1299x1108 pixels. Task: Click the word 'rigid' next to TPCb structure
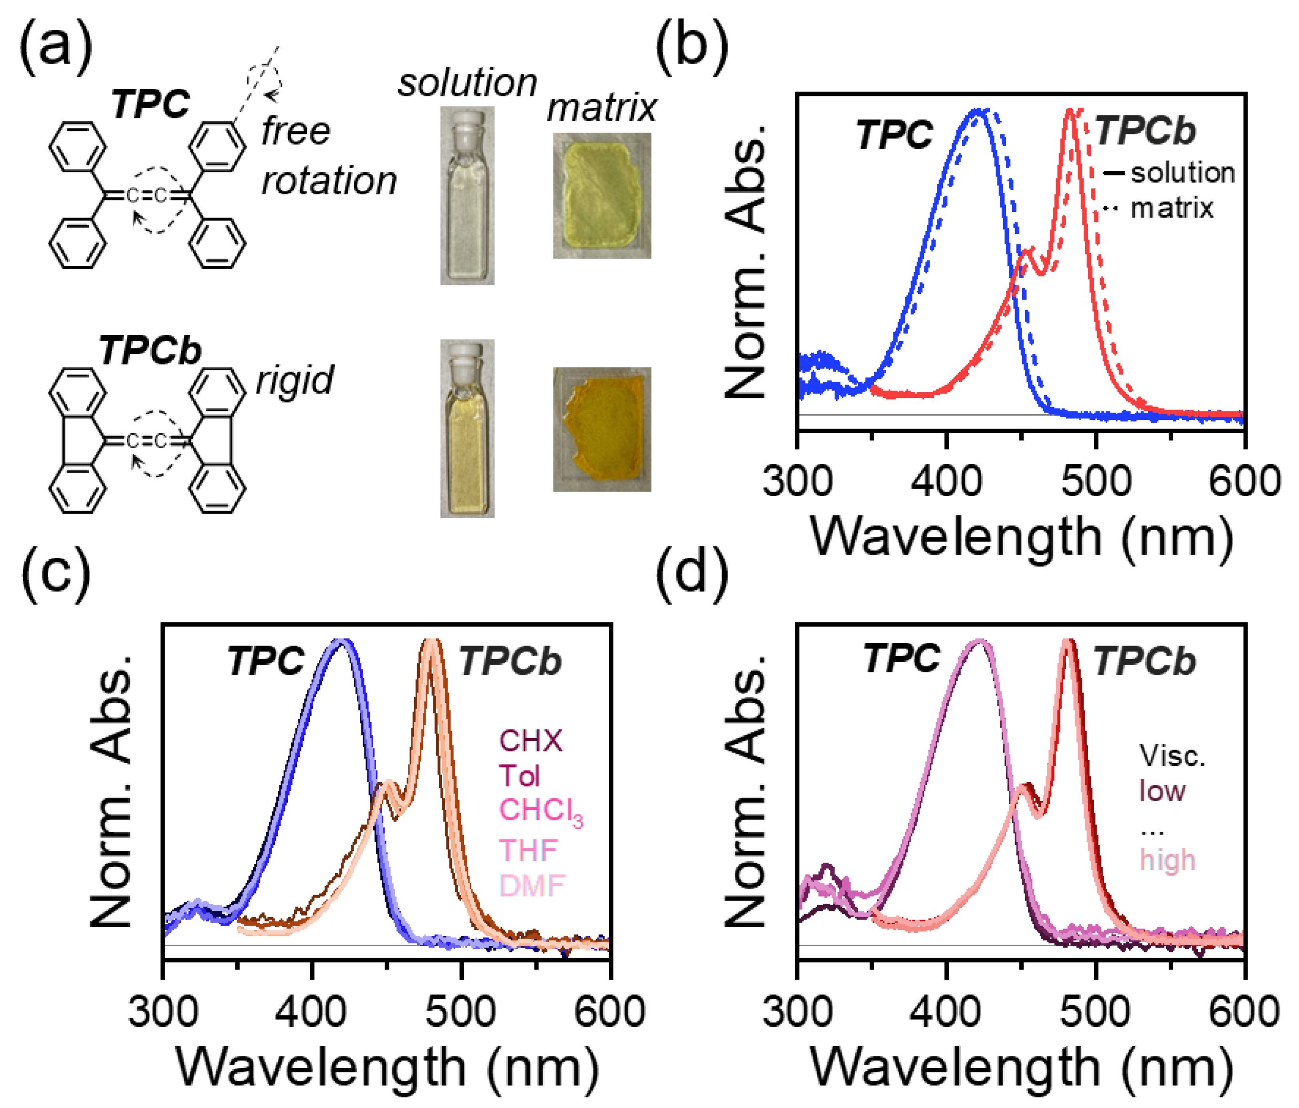(294, 380)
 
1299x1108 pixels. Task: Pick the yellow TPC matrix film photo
(601, 196)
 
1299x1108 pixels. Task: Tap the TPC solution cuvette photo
(467, 196)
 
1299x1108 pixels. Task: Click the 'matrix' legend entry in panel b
(1171, 208)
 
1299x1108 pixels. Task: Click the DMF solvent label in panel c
(532, 886)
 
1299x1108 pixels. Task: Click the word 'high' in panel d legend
(1167, 860)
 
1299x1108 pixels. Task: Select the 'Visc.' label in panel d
(1172, 756)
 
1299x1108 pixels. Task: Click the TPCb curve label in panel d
(1144, 661)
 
